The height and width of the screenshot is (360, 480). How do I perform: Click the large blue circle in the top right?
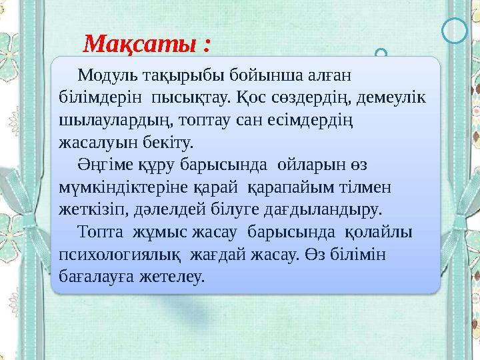tap(455, 31)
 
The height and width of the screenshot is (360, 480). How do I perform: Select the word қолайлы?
tap(378, 232)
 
